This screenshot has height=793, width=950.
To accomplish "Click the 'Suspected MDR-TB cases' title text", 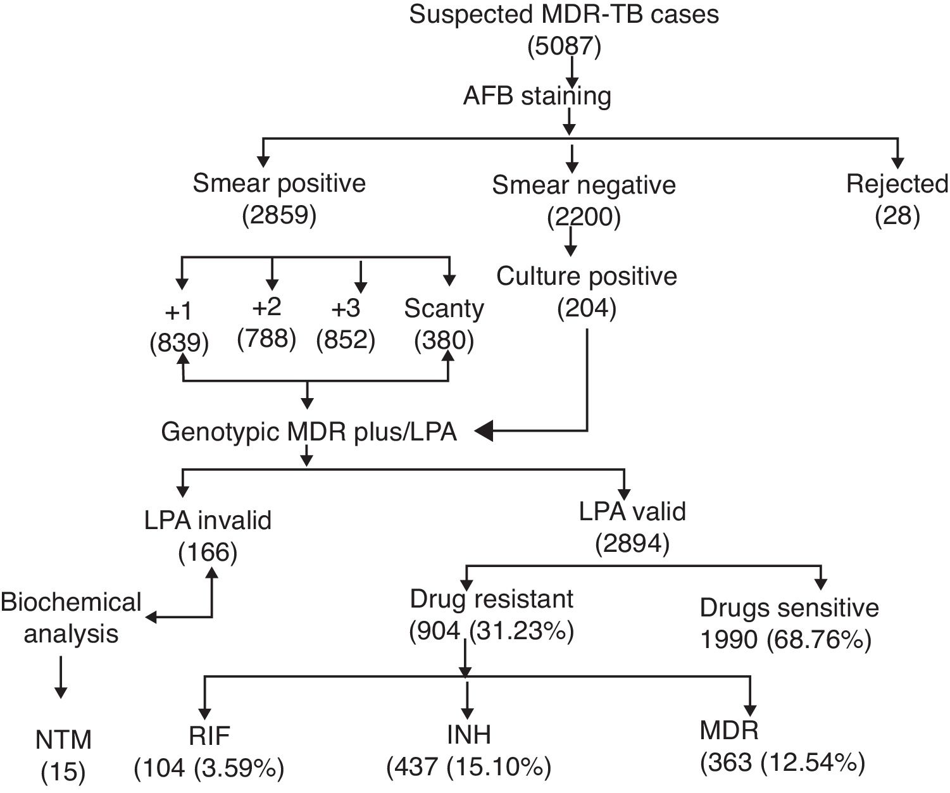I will tap(564, 14).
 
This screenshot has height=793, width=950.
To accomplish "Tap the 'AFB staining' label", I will tap(537, 96).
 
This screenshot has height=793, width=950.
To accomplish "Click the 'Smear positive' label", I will tap(279, 184).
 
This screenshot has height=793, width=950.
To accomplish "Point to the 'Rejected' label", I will tap(897, 184).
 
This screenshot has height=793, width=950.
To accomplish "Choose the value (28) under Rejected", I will tap(897, 216).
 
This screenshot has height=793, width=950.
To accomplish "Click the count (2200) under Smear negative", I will tap(584, 218).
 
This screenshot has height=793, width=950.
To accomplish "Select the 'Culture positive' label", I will tap(587, 277).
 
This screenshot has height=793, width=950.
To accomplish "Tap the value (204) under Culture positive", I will tap(587, 309).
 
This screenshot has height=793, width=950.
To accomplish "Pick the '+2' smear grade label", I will tap(266, 308).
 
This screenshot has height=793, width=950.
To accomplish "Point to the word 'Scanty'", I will tap(444, 309).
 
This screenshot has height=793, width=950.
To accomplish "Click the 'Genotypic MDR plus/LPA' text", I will tap(309, 432).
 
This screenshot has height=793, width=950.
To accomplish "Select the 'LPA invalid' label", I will tap(208, 520).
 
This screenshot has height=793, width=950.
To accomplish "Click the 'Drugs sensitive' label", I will tap(789, 608).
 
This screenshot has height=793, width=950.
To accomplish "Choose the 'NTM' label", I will tap(63, 739).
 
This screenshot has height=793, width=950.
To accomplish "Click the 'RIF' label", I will tap(209, 735).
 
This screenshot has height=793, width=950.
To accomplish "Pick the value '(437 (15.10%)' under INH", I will tap(469, 768).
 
